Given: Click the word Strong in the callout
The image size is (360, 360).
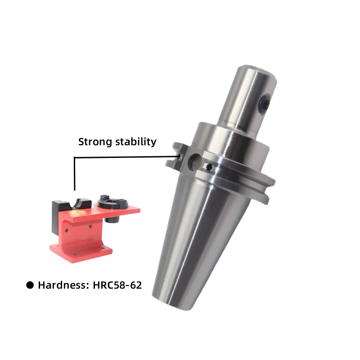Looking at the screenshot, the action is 95,142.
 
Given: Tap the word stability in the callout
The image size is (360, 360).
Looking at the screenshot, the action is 136,141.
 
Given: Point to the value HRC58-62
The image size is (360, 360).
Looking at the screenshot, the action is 117,285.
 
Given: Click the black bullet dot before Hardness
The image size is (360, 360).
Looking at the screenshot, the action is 30,285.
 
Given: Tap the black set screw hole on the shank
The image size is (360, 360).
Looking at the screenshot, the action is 265,104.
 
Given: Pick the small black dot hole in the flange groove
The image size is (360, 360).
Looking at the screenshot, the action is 209,167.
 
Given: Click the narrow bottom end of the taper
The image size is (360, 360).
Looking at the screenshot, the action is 175,303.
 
